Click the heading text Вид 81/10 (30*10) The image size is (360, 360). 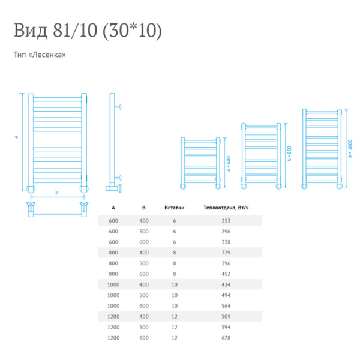[88, 31]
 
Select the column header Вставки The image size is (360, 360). [174, 208]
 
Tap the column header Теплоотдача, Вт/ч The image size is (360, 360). [226, 208]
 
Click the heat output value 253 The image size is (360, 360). [226, 221]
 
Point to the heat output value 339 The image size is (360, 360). [226, 253]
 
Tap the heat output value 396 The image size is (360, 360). [226, 264]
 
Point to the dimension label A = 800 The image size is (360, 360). [289, 155]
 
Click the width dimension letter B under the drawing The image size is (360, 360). [56, 193]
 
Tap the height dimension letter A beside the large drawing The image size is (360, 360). [17, 137]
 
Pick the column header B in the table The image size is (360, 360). [144, 208]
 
